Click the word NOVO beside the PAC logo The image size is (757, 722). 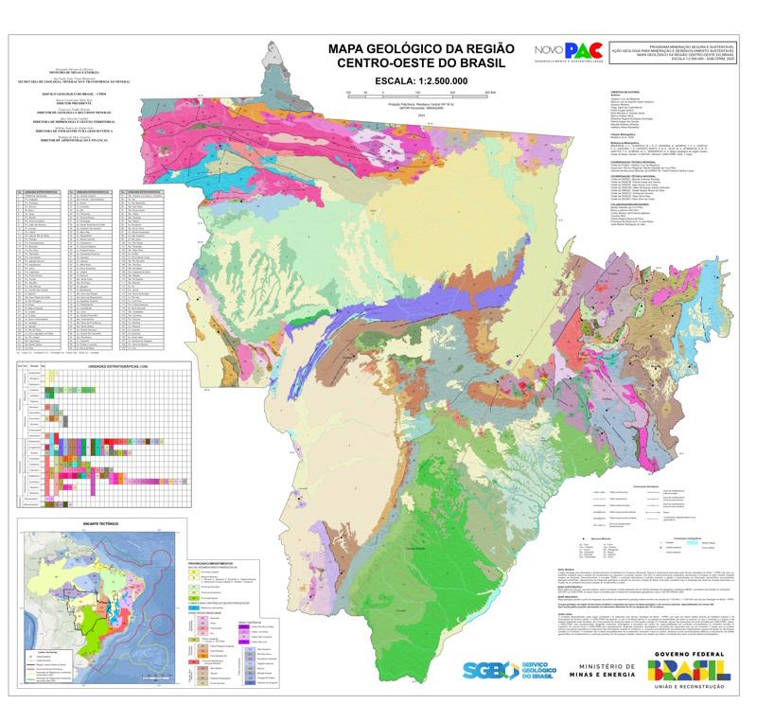pos(550,51)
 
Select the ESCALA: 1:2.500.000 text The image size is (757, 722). pos(420,81)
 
